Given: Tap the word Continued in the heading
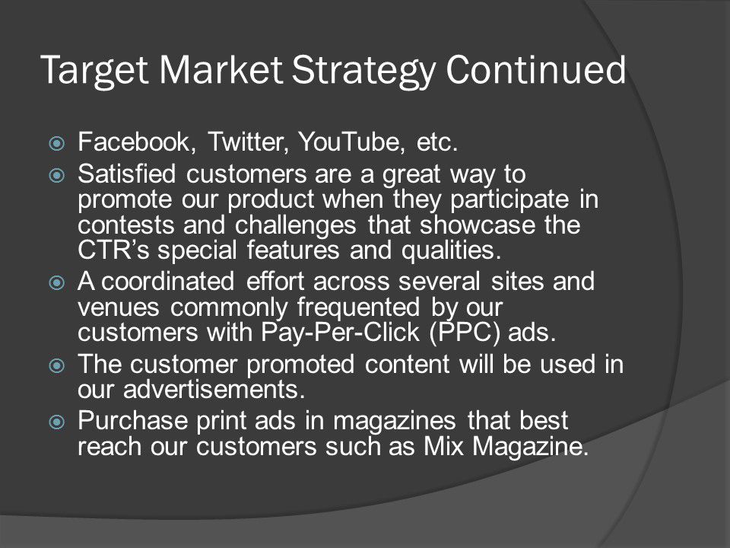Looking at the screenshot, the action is click(x=536, y=69).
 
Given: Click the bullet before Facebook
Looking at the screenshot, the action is click(x=57, y=143).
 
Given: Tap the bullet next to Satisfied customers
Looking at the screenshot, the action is click(x=57, y=176).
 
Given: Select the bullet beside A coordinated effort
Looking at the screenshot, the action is click(x=57, y=283).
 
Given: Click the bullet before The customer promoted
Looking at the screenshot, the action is click(x=57, y=365).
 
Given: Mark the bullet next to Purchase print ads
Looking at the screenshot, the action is click(x=57, y=422).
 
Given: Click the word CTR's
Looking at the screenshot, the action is click(x=113, y=250).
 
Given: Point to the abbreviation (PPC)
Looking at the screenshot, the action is click(x=465, y=333).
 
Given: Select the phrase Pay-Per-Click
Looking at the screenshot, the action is click(x=341, y=333).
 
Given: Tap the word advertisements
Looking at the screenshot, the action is click(x=214, y=390).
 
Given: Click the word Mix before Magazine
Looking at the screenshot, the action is click(x=443, y=447).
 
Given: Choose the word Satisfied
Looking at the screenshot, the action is click(x=127, y=174).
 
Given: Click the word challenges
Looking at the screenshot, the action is click(x=296, y=225).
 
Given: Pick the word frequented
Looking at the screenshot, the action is click(x=358, y=308).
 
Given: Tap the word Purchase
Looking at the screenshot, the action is click(x=132, y=420).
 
